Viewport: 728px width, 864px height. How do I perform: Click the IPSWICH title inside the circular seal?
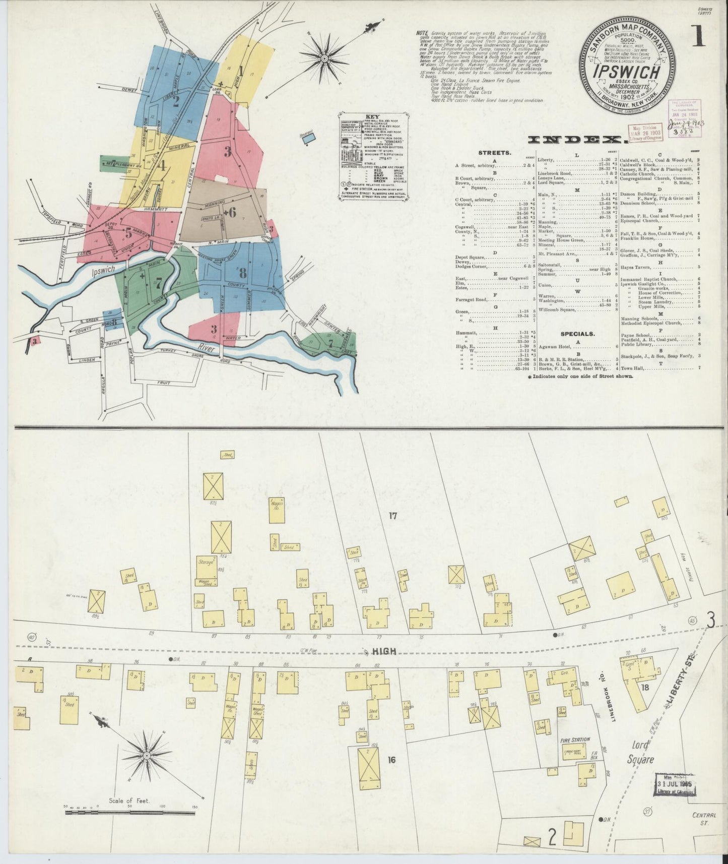pos(627,72)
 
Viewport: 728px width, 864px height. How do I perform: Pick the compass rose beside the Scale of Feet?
pos(147,756)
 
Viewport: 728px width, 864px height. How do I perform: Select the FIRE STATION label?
pos(575,740)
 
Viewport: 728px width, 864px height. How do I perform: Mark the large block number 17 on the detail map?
pos(393,515)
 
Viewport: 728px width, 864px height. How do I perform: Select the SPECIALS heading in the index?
pos(577,333)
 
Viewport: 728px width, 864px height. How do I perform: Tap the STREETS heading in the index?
pos(496,151)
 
